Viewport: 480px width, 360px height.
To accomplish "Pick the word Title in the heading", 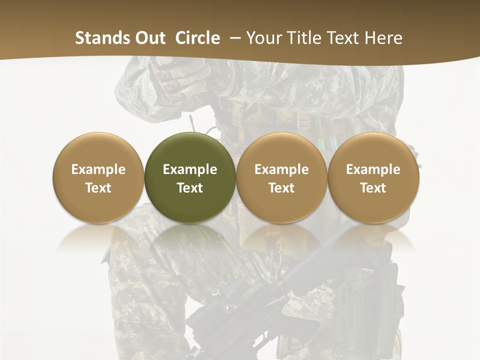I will pyautogui.click(x=304, y=38).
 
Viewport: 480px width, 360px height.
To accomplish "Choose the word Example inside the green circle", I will pyautogui.click(x=190, y=169).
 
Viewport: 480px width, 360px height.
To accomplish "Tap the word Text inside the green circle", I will pyautogui.click(x=190, y=188).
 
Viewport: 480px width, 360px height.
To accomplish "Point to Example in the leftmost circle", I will pyautogui.click(x=98, y=169).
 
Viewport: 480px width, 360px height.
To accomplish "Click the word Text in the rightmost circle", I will pyautogui.click(x=373, y=188).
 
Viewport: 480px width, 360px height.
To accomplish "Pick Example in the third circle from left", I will pyautogui.click(x=281, y=169).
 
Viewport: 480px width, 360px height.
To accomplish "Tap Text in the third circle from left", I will pyautogui.click(x=281, y=188).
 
